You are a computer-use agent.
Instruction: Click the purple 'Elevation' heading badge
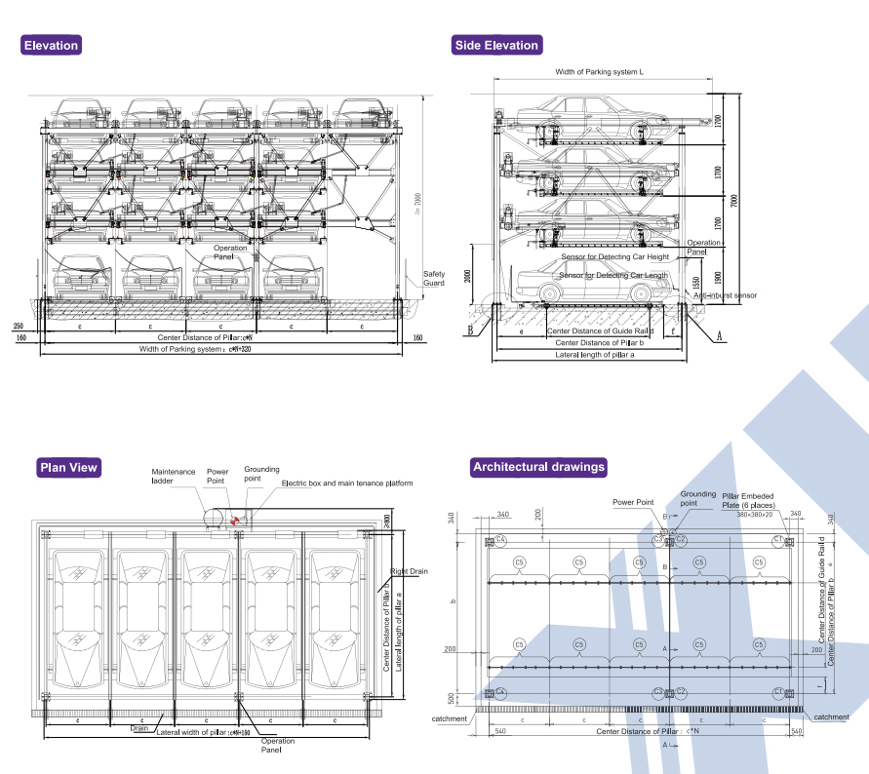click(x=51, y=46)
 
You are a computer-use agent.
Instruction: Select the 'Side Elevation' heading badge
click(x=496, y=46)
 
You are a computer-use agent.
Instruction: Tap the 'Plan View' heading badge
click(x=68, y=468)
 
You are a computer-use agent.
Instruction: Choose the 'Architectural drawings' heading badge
click(x=538, y=468)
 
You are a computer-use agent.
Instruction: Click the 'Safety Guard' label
click(x=433, y=279)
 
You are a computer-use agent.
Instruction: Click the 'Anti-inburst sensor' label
click(x=726, y=294)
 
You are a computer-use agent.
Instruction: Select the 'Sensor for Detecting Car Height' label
click(x=614, y=257)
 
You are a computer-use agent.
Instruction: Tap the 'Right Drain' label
click(x=409, y=571)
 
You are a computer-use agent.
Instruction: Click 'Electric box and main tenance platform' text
click(x=347, y=484)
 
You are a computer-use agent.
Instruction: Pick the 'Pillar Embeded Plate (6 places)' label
click(x=748, y=500)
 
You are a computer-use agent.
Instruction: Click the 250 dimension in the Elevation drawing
click(x=19, y=325)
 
